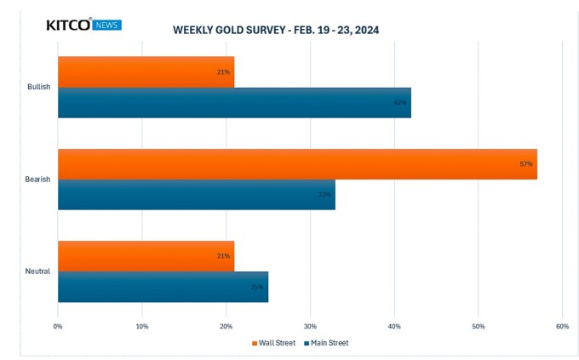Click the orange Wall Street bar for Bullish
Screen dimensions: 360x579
[145, 71]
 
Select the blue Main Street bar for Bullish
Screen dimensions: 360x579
[234, 102]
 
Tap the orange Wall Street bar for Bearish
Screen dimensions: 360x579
[297, 163]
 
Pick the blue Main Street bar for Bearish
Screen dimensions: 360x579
[196, 194]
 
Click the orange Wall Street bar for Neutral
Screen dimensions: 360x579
[145, 255]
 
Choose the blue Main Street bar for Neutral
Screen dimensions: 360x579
[163, 286]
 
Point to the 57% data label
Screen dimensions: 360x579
[525, 163]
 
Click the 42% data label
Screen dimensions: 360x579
[399, 103]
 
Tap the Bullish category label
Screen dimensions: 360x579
[38, 87]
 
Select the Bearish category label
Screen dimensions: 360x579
[38, 179]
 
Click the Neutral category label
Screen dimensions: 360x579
[38, 271]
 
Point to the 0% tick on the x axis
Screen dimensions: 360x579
[58, 326]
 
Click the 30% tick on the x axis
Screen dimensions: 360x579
[310, 326]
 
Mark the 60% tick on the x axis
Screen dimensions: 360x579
[562, 326]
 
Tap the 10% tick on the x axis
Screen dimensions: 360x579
[142, 326]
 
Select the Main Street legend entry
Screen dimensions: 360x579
[326, 343]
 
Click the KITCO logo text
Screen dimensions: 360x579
[67, 26]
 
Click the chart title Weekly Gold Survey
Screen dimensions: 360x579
[276, 30]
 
